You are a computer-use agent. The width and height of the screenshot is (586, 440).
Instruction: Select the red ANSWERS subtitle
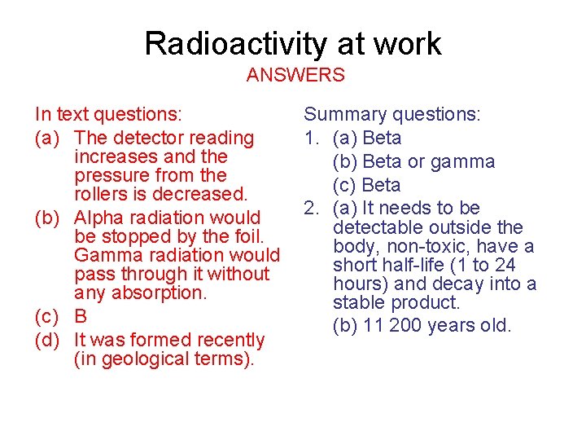[x=295, y=76]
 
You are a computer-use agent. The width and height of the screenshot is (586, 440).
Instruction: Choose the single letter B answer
[x=80, y=316]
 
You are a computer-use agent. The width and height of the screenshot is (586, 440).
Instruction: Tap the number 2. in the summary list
[x=313, y=208]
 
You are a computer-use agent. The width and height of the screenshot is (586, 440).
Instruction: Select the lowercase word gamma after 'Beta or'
[x=463, y=161]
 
